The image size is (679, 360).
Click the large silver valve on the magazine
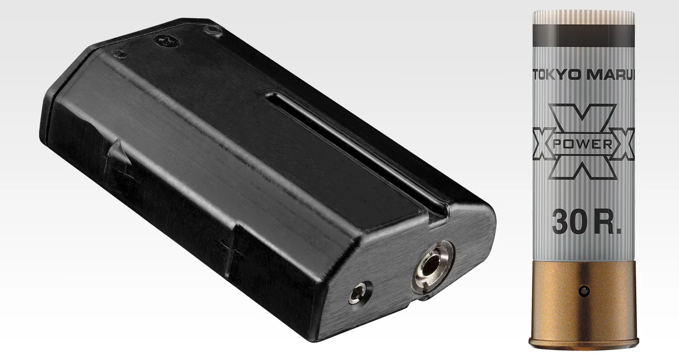click(x=433, y=267)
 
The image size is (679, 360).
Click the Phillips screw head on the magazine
click(x=167, y=41)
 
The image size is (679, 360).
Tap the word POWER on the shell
click(x=582, y=144)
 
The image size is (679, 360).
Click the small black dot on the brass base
click(x=584, y=291)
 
